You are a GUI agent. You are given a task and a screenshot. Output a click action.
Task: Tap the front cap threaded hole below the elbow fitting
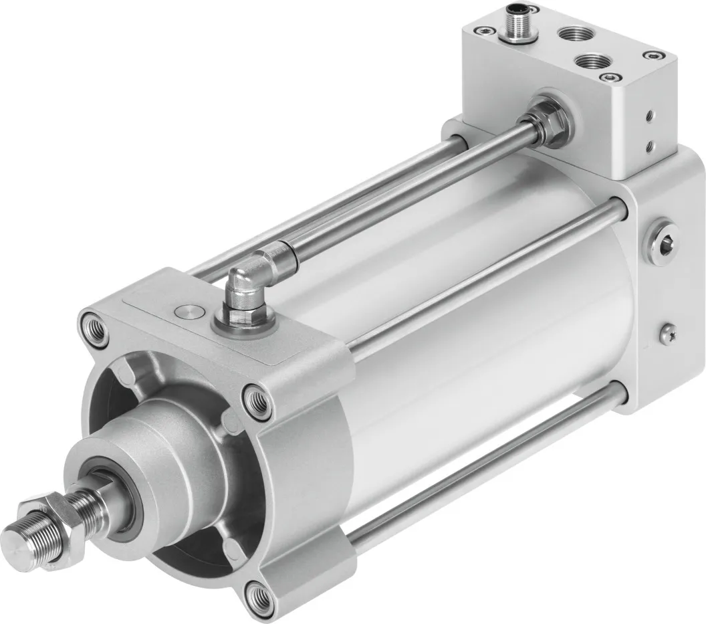[x=258, y=401]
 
